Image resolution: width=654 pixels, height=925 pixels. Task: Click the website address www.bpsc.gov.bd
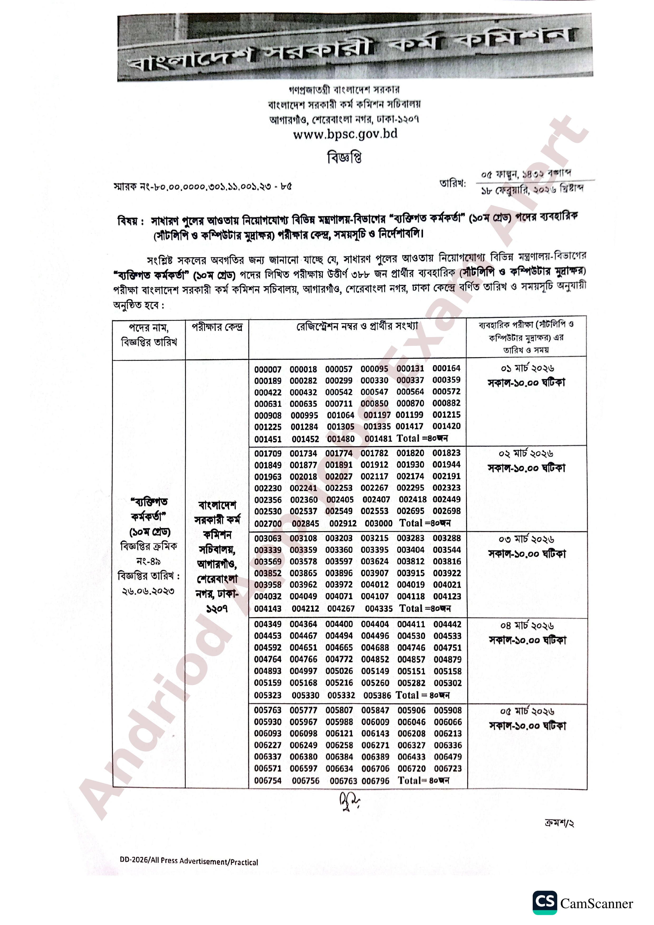tap(345, 134)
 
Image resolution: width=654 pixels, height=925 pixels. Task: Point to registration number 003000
tap(378, 523)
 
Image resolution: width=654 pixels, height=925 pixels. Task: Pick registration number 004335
tap(378, 609)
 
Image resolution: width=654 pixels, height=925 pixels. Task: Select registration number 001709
tap(268, 454)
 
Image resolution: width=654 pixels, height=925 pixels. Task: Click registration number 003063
tap(268, 539)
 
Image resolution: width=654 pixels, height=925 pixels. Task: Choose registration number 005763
tap(268, 710)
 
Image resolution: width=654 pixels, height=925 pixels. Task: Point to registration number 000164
tap(446, 369)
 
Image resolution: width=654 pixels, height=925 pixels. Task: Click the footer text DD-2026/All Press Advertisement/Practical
tap(189, 861)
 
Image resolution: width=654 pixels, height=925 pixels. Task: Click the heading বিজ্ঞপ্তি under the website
tap(344, 158)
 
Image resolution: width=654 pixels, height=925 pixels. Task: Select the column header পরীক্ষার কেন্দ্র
tap(217, 327)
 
